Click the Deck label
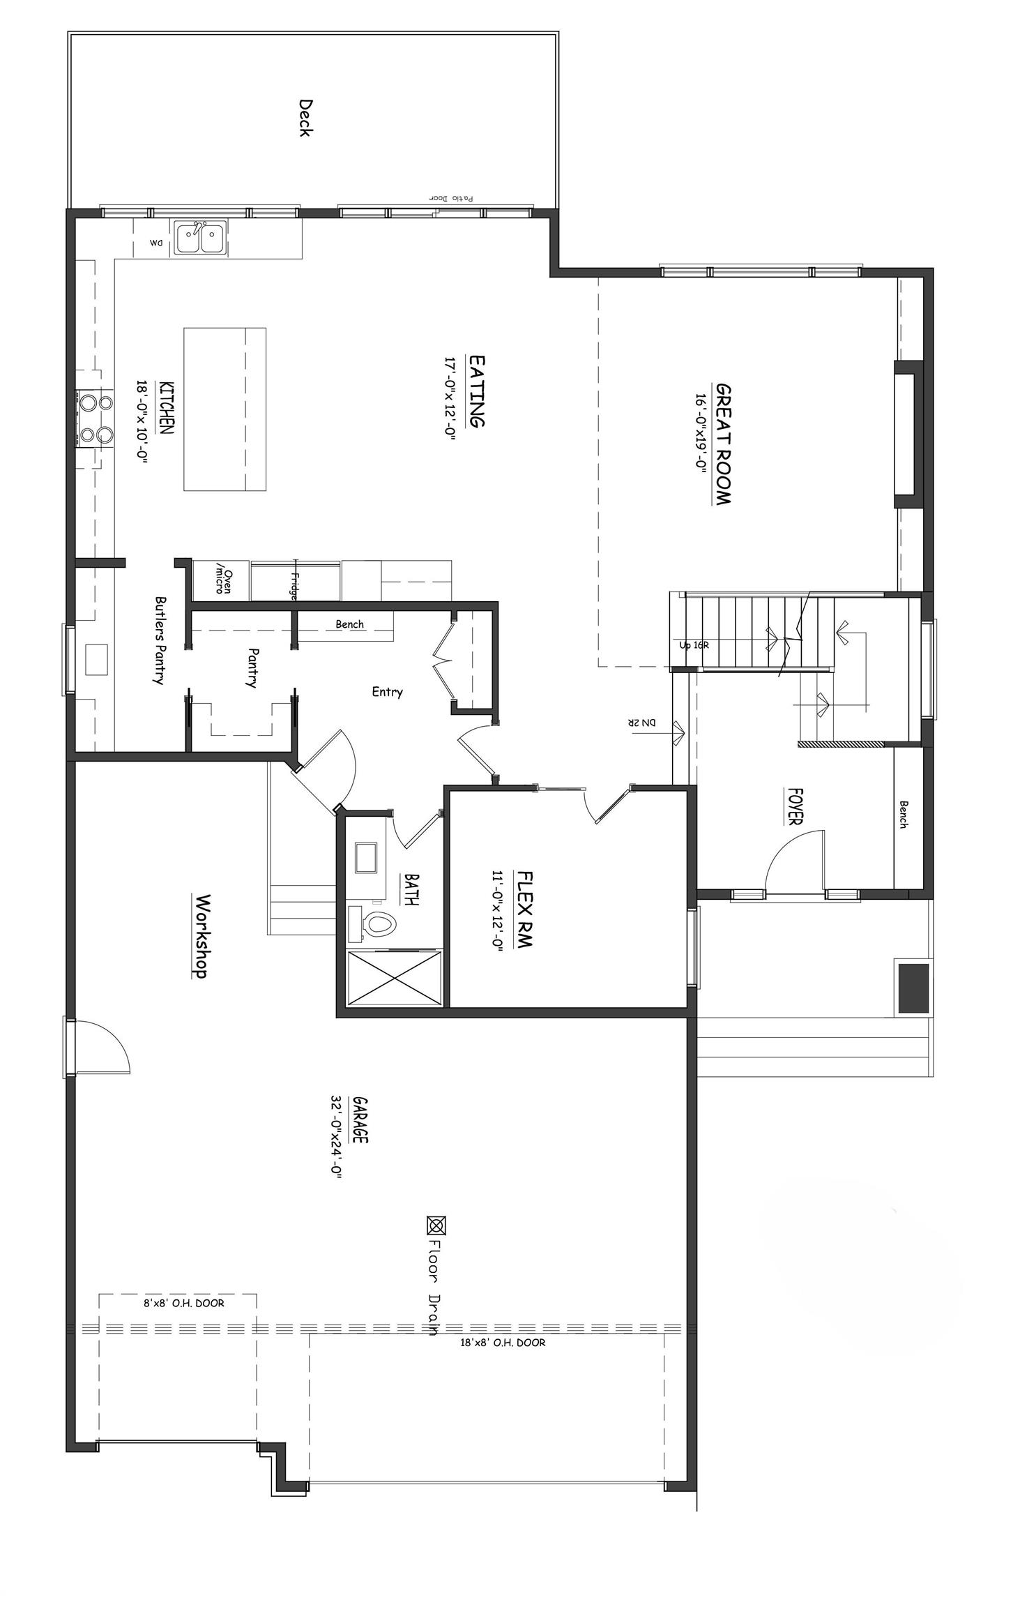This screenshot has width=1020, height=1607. coord(305,118)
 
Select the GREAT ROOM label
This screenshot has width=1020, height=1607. coord(723,444)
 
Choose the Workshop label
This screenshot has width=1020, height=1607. coord(201,937)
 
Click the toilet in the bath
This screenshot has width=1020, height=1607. coord(376,925)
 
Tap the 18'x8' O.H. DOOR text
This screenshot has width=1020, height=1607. coord(502,1342)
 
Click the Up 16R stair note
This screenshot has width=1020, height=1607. coord(694,645)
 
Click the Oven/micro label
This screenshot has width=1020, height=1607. coord(222,578)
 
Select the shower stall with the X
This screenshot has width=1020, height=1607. coord(394,978)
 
